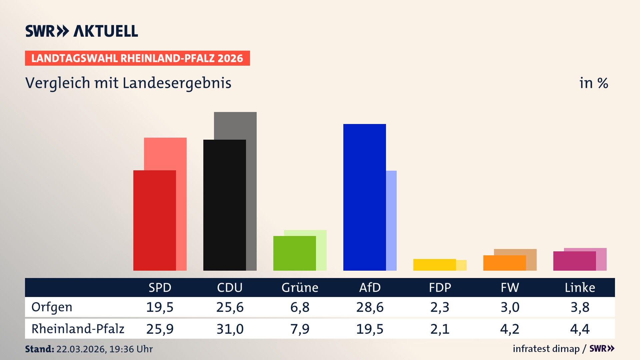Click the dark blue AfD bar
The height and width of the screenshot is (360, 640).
coord(364,197)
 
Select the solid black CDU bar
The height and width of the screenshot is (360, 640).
coord(224,205)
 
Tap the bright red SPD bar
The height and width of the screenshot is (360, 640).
coord(154,220)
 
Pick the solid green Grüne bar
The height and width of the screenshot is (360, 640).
coord(294,253)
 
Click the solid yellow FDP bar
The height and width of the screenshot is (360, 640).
coord(434,265)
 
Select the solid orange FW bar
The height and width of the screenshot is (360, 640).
coord(504,263)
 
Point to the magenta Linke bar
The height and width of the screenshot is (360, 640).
coord(574,261)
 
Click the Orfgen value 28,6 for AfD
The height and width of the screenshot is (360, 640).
coord(370,307)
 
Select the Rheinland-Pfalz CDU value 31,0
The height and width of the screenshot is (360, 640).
coord(230,329)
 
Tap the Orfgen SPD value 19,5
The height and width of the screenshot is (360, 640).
coord(160,307)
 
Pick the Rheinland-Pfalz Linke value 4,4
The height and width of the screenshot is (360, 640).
coord(580,329)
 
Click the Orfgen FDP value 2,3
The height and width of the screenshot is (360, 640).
coord(440,307)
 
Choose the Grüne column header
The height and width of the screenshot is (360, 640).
coord(300,287)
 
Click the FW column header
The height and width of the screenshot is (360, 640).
coord(510,287)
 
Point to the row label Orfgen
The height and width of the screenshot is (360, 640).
coord(52,307)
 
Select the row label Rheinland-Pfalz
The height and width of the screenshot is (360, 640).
coord(78,329)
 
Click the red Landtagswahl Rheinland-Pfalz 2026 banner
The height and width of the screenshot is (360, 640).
coord(137,58)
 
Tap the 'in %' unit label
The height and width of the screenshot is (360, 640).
coord(593,83)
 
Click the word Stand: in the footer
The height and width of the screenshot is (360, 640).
coord(39,349)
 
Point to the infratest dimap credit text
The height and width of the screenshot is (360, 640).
coord(546,349)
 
